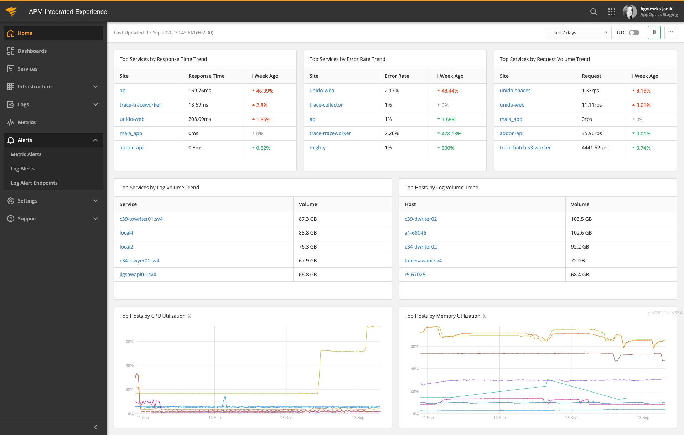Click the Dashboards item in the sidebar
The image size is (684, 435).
(x=32, y=51)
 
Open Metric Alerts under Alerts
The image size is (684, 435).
(x=26, y=154)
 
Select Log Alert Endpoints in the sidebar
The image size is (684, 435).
(x=34, y=183)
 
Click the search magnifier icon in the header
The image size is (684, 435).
(x=594, y=12)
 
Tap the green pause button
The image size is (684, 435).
(x=654, y=32)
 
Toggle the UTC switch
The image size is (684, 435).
(x=634, y=32)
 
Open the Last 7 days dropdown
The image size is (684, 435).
(x=579, y=32)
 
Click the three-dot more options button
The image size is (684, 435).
(x=670, y=32)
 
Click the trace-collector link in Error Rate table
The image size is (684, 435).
(x=326, y=105)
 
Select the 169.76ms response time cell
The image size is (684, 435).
(x=200, y=91)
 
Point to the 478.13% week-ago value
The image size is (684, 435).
(x=451, y=134)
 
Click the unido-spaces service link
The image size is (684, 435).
(x=515, y=91)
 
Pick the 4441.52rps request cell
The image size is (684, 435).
(x=594, y=148)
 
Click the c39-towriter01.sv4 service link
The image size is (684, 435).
(x=141, y=219)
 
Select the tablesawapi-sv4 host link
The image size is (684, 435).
(x=423, y=261)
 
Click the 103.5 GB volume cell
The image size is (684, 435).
(x=581, y=219)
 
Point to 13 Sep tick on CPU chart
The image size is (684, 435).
(x=214, y=418)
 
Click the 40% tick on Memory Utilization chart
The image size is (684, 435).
(x=414, y=369)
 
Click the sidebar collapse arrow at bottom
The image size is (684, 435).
(x=95, y=427)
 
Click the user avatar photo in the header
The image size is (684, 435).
(x=629, y=12)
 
